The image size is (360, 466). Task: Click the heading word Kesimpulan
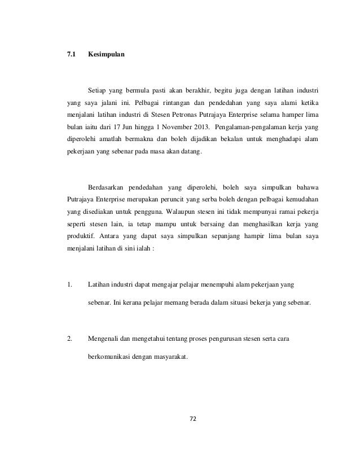pos(107,57)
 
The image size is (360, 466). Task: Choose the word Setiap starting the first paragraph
pos(97,90)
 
